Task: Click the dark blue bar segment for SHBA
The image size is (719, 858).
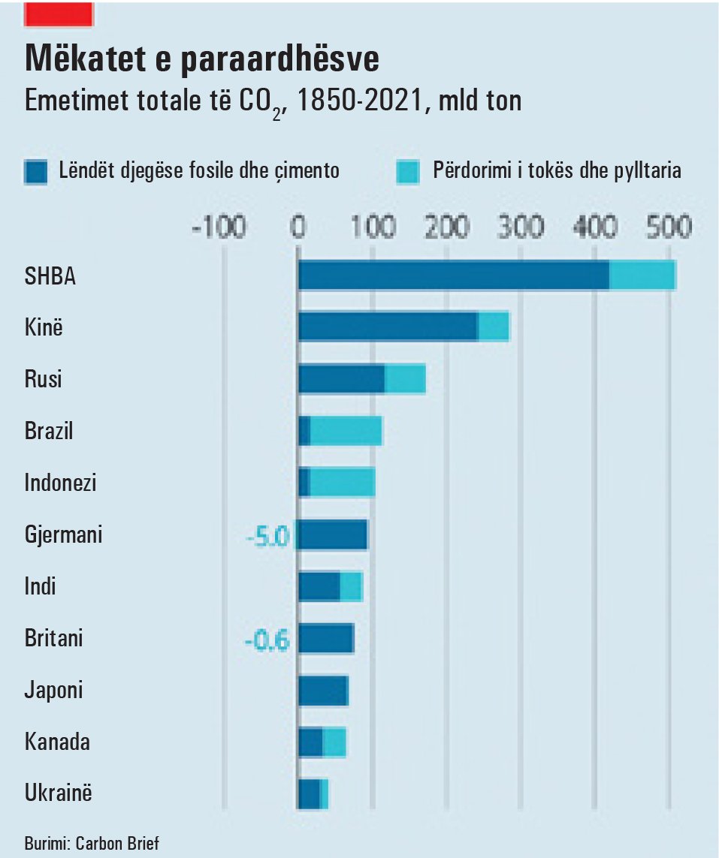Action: coord(454,275)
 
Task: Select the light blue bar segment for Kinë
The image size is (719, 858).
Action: coord(494,327)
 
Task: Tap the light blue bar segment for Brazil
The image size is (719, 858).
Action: coord(346,431)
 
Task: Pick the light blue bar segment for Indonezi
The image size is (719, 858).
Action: coord(343,483)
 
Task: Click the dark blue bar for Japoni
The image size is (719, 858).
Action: coord(323,690)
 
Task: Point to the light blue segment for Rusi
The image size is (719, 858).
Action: coord(405,379)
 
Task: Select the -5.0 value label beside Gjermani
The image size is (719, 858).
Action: coord(267,537)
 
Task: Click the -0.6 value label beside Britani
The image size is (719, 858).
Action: coord(267,641)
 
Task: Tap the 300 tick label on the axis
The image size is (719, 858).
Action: coord(521,227)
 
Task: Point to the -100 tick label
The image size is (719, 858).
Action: coord(219,227)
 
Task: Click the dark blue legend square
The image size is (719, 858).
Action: coord(35,172)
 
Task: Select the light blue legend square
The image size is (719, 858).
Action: coord(407,172)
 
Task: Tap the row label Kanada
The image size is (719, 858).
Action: coord(57,742)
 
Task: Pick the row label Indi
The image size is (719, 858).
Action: coord(41,586)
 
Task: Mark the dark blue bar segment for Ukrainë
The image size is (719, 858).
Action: coord(309,793)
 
